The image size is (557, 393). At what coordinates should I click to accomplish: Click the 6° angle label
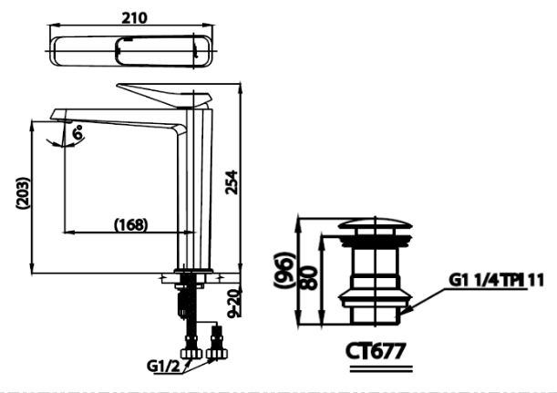click(x=78, y=132)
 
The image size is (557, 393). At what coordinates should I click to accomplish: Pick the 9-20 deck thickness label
click(x=235, y=301)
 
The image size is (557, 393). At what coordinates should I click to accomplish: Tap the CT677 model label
click(x=376, y=349)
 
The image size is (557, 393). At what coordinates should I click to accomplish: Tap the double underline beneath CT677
click(x=376, y=366)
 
